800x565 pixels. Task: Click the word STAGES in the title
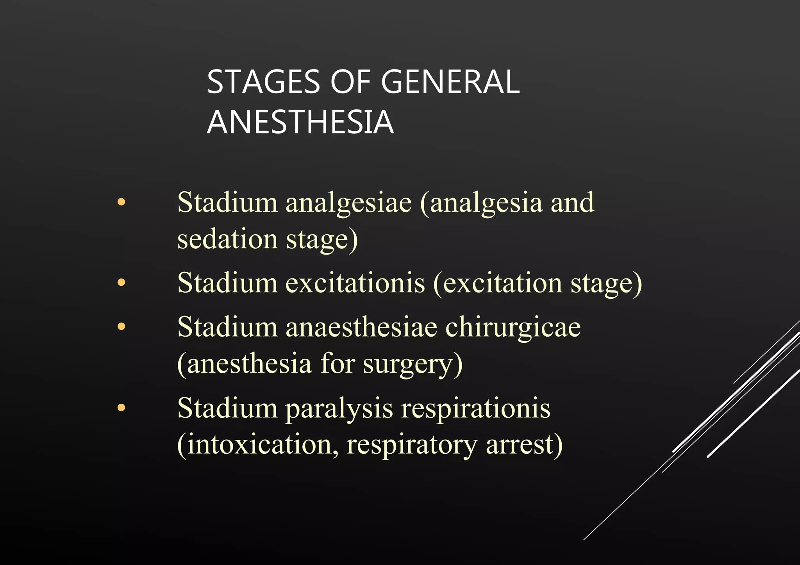pyautogui.click(x=263, y=82)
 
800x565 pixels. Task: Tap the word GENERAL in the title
pyautogui.click(x=450, y=82)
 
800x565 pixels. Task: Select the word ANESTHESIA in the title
pyautogui.click(x=300, y=122)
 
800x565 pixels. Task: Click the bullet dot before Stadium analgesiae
pyautogui.click(x=121, y=202)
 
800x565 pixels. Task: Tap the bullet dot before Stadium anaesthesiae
pyautogui.click(x=121, y=326)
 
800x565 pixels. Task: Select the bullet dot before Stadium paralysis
pyautogui.click(x=121, y=408)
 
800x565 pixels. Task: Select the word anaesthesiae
pyautogui.click(x=361, y=327)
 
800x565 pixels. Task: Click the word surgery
pyautogui.click(x=412, y=364)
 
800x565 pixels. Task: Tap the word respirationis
pyautogui.click(x=476, y=409)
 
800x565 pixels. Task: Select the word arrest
pyautogui.click(x=524, y=444)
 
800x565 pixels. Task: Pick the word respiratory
pyautogui.click(x=412, y=445)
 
